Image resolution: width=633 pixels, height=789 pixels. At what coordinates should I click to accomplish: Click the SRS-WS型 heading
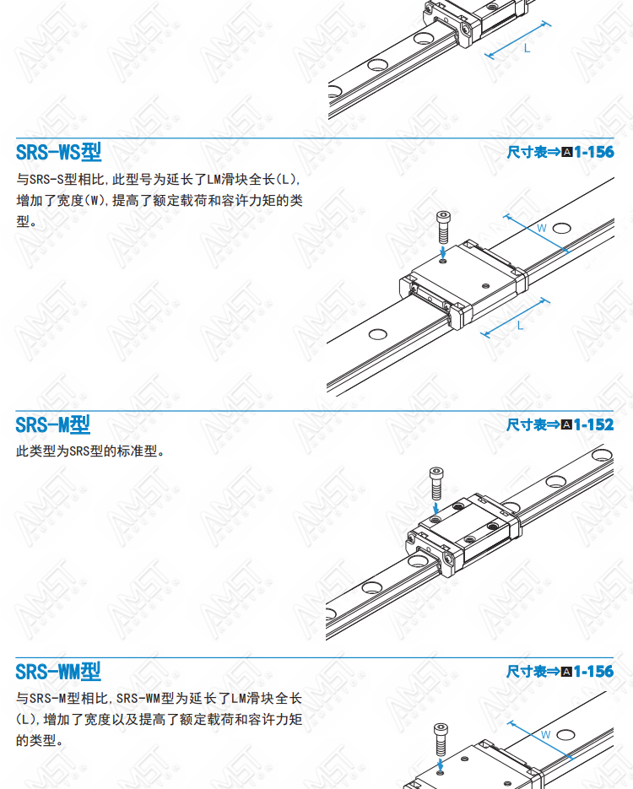pyautogui.click(x=58, y=152)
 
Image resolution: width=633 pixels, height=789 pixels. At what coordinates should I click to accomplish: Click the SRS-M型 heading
pyautogui.click(x=53, y=424)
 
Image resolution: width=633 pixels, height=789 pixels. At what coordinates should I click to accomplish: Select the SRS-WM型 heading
pyautogui.click(x=58, y=671)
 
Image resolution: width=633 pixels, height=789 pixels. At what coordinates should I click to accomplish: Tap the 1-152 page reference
pyautogui.click(x=593, y=424)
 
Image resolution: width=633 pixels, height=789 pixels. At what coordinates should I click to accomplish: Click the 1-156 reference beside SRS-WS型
pyautogui.click(x=593, y=152)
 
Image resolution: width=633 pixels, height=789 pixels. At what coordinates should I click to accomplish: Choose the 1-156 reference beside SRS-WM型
pyautogui.click(x=593, y=671)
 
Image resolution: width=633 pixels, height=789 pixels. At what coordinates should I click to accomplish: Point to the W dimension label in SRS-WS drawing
pyautogui.click(x=541, y=228)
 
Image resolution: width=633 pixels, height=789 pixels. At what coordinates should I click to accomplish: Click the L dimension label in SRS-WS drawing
pyautogui.click(x=520, y=326)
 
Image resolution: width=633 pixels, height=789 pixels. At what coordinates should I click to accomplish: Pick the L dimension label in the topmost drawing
pyautogui.click(x=527, y=48)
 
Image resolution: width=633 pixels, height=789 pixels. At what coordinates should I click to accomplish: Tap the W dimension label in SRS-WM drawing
pyautogui.click(x=545, y=735)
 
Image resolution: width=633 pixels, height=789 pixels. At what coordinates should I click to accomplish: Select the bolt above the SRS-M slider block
pyautogui.click(x=436, y=483)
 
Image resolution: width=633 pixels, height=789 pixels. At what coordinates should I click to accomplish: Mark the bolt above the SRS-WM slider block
pyautogui.click(x=441, y=740)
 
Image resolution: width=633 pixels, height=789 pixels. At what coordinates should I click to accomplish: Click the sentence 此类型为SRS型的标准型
pyautogui.click(x=90, y=451)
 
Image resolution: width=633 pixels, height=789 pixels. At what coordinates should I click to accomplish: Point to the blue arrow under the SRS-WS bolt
pyautogui.click(x=443, y=251)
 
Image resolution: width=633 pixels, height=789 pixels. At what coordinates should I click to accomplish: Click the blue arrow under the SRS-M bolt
pyautogui.click(x=436, y=507)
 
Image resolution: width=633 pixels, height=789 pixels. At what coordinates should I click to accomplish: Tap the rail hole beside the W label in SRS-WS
pyautogui.click(x=561, y=229)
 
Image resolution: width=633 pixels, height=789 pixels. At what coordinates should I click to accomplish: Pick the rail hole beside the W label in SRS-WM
pyautogui.click(x=565, y=735)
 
